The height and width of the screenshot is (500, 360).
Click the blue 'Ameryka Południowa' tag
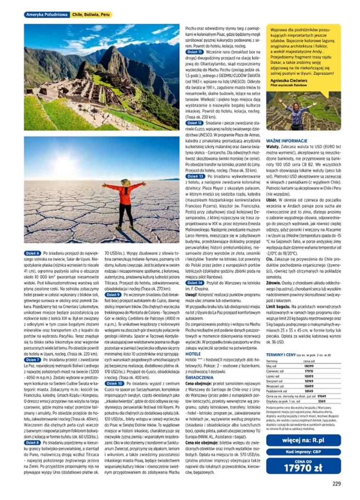[x=47, y=15]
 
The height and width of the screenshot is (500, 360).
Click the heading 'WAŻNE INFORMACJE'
[x=287, y=141]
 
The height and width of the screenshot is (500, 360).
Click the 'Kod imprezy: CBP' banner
[x=303, y=452]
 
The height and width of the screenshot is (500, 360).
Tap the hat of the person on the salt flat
[x=123, y=183]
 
